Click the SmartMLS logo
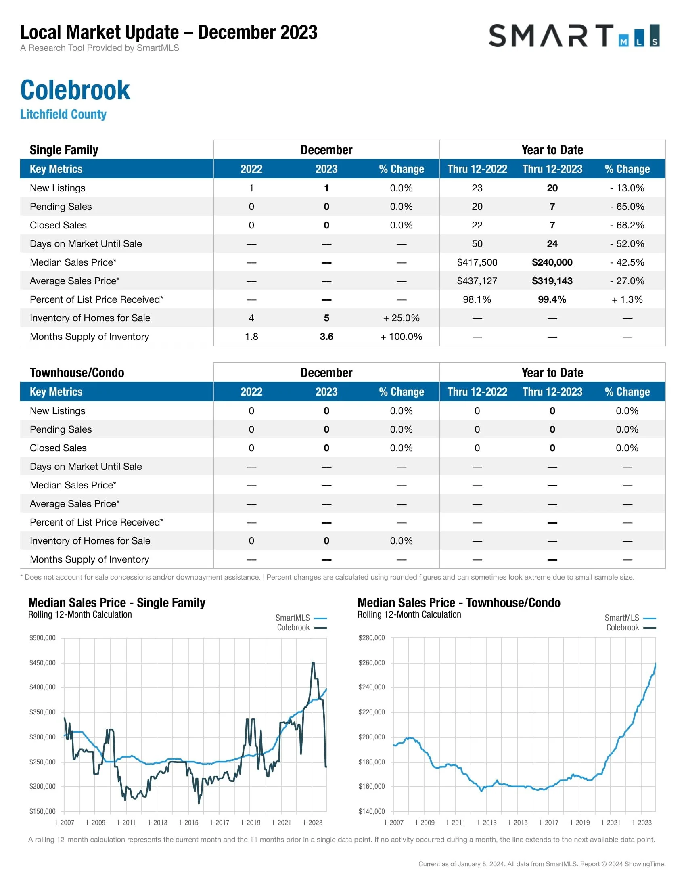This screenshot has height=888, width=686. [573, 36]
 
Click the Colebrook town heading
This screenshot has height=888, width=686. [75, 90]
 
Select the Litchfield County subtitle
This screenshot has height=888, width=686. [63, 114]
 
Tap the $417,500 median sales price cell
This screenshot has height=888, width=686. [477, 262]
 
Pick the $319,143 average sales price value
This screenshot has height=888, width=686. [552, 281]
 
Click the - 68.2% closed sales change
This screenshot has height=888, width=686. [627, 225]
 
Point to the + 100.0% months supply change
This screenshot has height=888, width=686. [401, 337]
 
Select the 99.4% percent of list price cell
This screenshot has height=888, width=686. [552, 299]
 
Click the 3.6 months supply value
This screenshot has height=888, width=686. [326, 337]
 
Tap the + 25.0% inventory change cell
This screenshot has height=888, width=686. [401, 318]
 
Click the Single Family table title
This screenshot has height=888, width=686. [64, 150]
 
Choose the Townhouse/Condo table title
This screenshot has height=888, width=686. [77, 373]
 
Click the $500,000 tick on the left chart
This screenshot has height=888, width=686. [42, 637]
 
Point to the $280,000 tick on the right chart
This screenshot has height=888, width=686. [371, 637]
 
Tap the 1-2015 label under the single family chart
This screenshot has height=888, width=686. [188, 823]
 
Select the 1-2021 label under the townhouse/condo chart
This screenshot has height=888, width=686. [611, 823]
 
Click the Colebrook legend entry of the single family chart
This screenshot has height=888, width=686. [301, 628]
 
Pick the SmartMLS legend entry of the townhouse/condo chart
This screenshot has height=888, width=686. [630, 618]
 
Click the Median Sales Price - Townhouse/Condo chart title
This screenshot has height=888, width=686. [459, 603]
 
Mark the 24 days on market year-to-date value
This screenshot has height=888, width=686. [552, 244]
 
